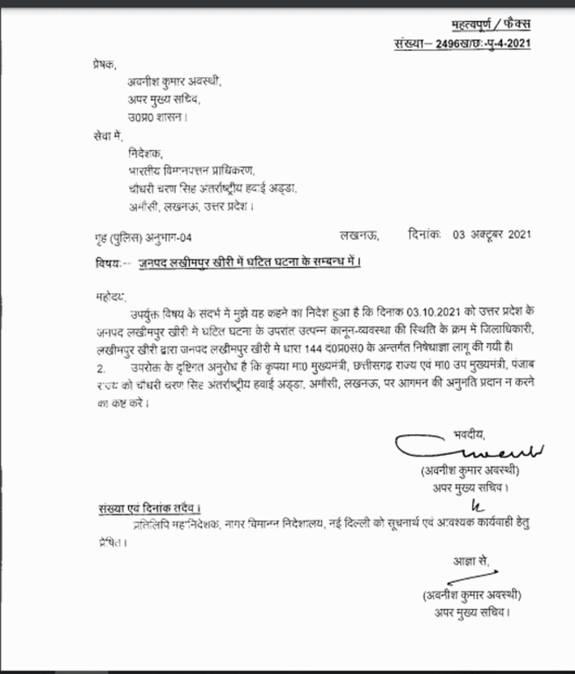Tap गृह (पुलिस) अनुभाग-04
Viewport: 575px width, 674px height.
pyautogui.click(x=142, y=237)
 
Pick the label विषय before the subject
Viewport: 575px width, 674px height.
pyautogui.click(x=105, y=263)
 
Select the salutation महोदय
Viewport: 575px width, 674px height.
pyautogui.click(x=103, y=293)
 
